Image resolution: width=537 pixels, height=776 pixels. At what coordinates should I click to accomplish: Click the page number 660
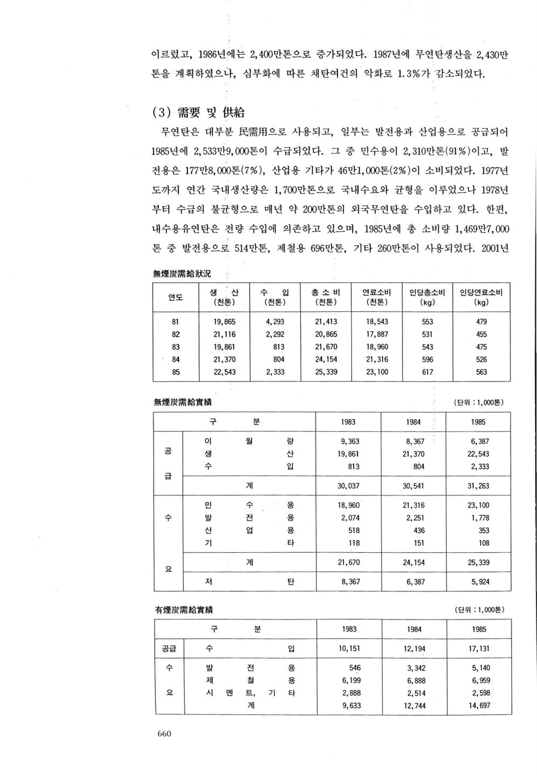pyautogui.click(x=164, y=733)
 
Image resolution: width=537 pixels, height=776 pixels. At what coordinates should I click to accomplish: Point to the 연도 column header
pyautogui.click(x=176, y=297)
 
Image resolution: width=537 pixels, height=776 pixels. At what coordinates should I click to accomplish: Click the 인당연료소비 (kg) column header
pyautogui.click(x=481, y=297)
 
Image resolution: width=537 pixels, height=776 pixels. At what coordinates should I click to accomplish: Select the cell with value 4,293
pyautogui.click(x=275, y=322)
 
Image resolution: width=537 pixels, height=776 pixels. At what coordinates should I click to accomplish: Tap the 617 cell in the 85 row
pyautogui.click(x=427, y=372)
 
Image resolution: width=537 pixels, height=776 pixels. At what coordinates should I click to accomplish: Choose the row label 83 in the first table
pyautogui.click(x=176, y=347)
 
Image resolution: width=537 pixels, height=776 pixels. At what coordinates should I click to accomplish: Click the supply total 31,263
pyautogui.click(x=479, y=486)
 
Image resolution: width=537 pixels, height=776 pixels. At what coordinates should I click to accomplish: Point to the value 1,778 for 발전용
pyautogui.click(x=480, y=518)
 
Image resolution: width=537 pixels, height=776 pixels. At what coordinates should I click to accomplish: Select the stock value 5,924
pyautogui.click(x=479, y=582)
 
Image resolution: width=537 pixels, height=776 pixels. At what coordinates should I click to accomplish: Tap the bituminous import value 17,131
pyautogui.click(x=479, y=649)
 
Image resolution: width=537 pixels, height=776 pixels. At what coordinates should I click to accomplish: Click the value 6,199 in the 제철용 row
pyautogui.click(x=351, y=681)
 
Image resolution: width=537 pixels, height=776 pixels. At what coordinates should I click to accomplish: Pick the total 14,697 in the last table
pyautogui.click(x=479, y=705)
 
